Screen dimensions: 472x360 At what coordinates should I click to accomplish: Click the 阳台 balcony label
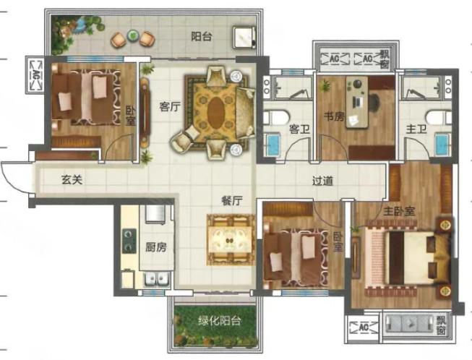click(x=202, y=37)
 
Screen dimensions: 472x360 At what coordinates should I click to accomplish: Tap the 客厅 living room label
click(x=170, y=106)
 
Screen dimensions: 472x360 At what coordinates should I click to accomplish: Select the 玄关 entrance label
click(x=72, y=180)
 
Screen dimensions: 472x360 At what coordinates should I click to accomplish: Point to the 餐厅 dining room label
click(x=232, y=201)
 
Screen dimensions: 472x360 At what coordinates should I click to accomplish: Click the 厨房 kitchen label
click(x=156, y=247)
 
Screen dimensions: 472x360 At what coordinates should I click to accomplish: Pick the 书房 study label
click(x=334, y=116)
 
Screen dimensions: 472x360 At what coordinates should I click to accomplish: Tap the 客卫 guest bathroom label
click(x=299, y=129)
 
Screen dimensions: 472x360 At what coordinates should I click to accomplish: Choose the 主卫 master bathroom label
click(x=416, y=129)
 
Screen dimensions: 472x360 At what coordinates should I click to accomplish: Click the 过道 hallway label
click(x=322, y=181)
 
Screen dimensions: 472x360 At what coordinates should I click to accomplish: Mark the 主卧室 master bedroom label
click(x=399, y=211)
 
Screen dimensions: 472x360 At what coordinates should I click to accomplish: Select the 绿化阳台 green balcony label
click(x=220, y=321)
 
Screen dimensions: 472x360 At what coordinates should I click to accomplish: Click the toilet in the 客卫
click(x=276, y=117)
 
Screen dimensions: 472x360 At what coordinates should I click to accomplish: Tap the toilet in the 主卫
click(x=439, y=117)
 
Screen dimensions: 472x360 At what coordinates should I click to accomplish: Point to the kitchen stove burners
click(x=129, y=241)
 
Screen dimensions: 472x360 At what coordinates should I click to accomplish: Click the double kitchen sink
click(x=157, y=279)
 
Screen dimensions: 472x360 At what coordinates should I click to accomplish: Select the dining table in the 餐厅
click(x=231, y=240)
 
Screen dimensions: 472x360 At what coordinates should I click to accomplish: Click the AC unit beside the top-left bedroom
click(x=36, y=74)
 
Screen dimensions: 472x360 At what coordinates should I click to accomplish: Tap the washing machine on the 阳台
click(x=245, y=37)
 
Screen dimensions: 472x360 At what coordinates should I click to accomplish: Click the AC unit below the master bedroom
click(x=364, y=327)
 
